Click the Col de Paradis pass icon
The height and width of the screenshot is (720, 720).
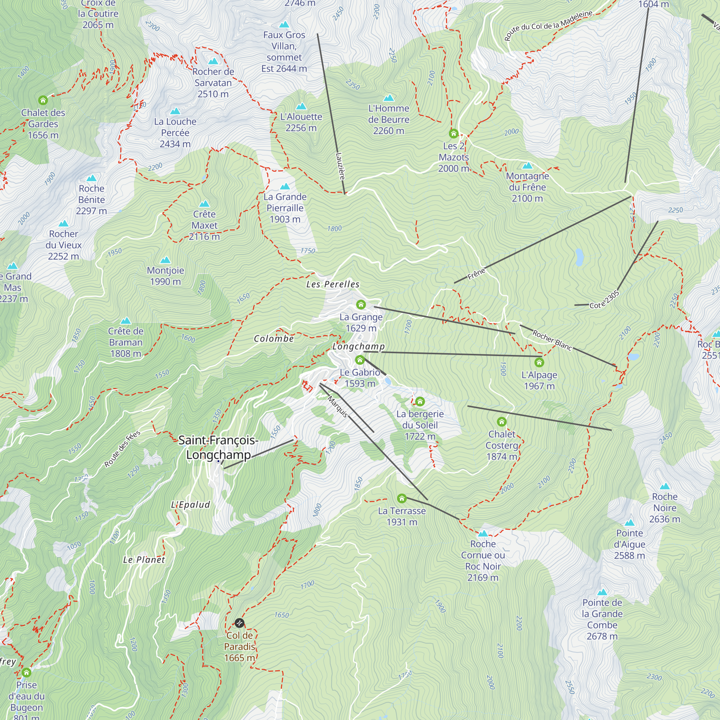[x=239, y=623]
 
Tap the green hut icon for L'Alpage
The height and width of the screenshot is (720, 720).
[x=539, y=362]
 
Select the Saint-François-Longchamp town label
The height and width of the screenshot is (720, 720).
[x=219, y=447]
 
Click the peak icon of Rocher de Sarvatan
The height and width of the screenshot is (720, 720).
[x=213, y=61]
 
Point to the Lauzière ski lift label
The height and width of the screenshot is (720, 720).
[x=340, y=166]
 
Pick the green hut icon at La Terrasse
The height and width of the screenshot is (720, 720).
[x=401, y=498]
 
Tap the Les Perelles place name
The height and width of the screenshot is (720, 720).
[x=333, y=284]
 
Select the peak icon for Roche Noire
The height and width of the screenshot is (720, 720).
[x=665, y=486]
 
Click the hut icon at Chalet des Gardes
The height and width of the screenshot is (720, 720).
[x=43, y=100]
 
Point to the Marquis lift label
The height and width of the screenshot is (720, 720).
[x=338, y=406]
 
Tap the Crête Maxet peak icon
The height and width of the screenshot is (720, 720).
[x=204, y=204]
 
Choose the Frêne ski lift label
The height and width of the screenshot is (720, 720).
[x=476, y=274]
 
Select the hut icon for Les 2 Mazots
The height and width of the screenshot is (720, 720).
[x=454, y=134]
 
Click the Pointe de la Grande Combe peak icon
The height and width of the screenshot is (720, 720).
[x=602, y=592]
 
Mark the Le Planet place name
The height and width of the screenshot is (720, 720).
[x=144, y=560]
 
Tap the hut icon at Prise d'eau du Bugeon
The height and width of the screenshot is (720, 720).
[x=26, y=673]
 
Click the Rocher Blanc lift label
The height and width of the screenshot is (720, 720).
[x=552, y=340]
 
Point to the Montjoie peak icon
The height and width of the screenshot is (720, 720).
[x=165, y=260]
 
